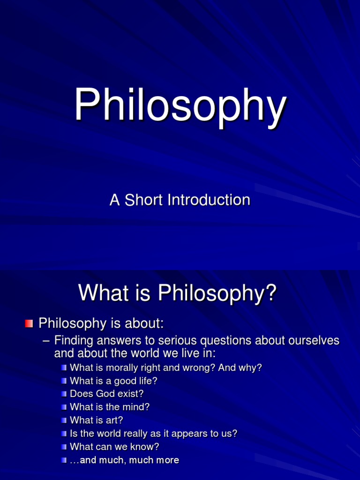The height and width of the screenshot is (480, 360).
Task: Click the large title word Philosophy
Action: coord(180,107)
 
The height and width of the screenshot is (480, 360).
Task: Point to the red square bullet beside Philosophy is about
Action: coord(29,323)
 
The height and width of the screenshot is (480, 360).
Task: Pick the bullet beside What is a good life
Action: coord(64,381)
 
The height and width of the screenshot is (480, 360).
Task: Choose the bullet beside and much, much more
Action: coord(64,460)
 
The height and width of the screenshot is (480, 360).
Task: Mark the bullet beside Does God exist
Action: coord(64,394)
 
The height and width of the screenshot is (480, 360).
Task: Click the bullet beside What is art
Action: coord(64,420)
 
